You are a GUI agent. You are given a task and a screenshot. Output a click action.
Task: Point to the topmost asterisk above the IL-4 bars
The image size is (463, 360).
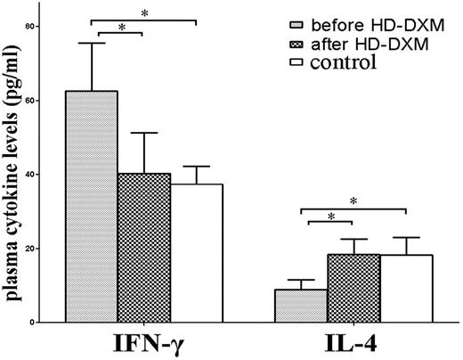(353, 201)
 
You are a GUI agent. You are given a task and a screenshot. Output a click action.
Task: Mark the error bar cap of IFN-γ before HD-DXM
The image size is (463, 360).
(92, 43)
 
